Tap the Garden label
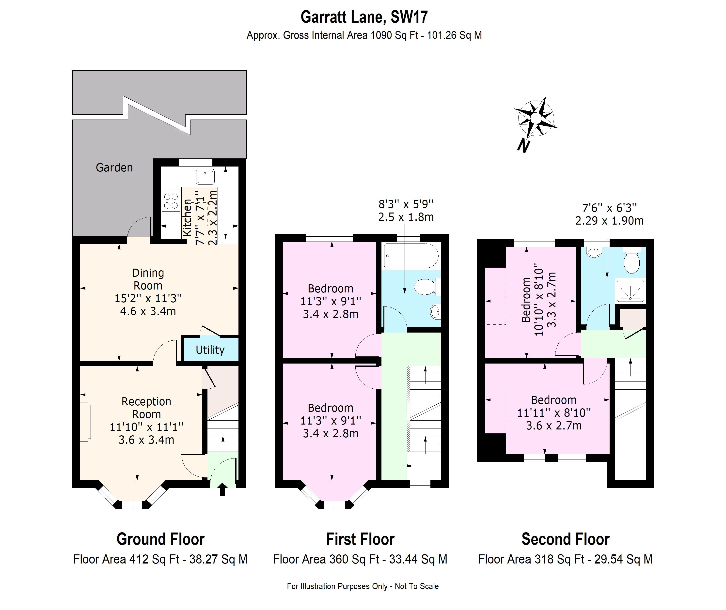(x=114, y=168)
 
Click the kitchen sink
(x=205, y=177)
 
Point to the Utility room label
(x=210, y=350)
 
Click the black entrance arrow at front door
(x=222, y=490)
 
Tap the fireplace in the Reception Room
(x=85, y=422)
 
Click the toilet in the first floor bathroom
(x=426, y=287)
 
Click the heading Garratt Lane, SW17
(x=364, y=16)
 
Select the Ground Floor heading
(x=160, y=539)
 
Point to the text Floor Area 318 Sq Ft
(x=531, y=559)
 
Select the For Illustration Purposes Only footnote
(x=363, y=586)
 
